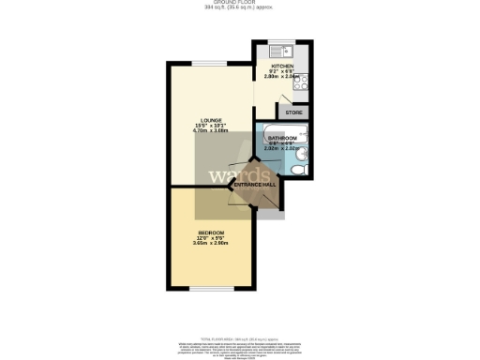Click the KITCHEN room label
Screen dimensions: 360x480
[x=282, y=66]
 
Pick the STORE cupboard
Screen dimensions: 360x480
[x=293, y=112]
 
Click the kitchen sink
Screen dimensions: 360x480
[x=279, y=50]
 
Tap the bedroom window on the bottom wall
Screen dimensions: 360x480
[x=210, y=287]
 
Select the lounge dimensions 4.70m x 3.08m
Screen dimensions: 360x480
[x=209, y=132]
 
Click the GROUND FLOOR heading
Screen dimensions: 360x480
[x=240, y=3]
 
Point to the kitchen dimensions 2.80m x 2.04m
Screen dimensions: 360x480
[x=282, y=77]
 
